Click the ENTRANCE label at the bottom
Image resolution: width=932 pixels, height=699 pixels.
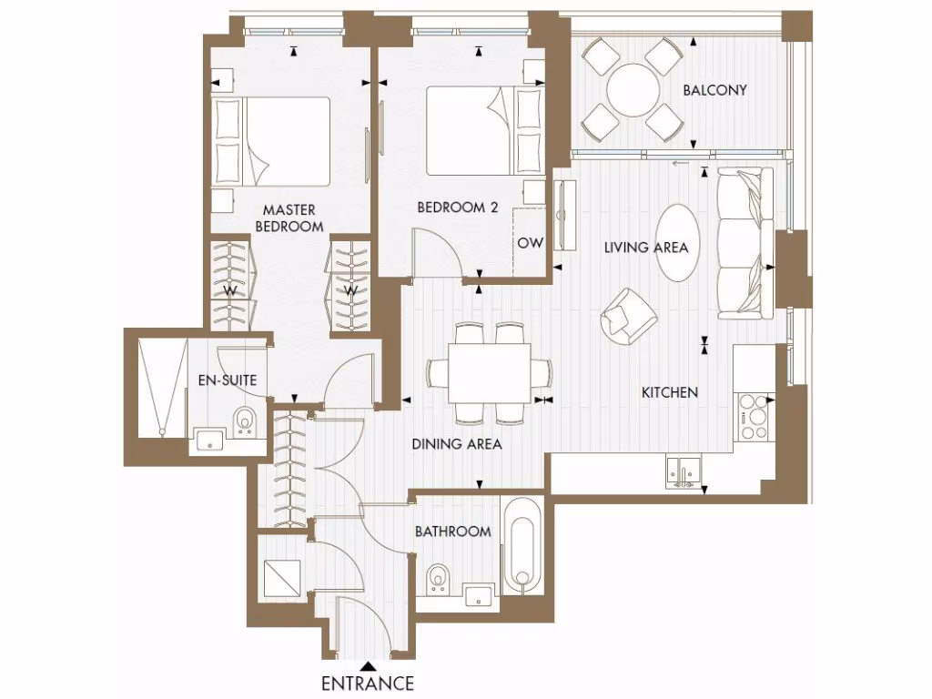[368, 683]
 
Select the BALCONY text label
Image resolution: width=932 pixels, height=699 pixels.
[714, 90]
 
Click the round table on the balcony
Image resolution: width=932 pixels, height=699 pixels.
[633, 90]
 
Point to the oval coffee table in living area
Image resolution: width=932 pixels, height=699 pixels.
[684, 243]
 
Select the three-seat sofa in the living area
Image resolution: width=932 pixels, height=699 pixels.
[745, 242]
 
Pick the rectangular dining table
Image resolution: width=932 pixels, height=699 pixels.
[490, 373]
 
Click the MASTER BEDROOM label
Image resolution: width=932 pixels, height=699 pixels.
[289, 218]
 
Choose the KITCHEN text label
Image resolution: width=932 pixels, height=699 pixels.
[670, 392]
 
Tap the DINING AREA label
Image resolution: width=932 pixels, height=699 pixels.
[457, 444]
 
